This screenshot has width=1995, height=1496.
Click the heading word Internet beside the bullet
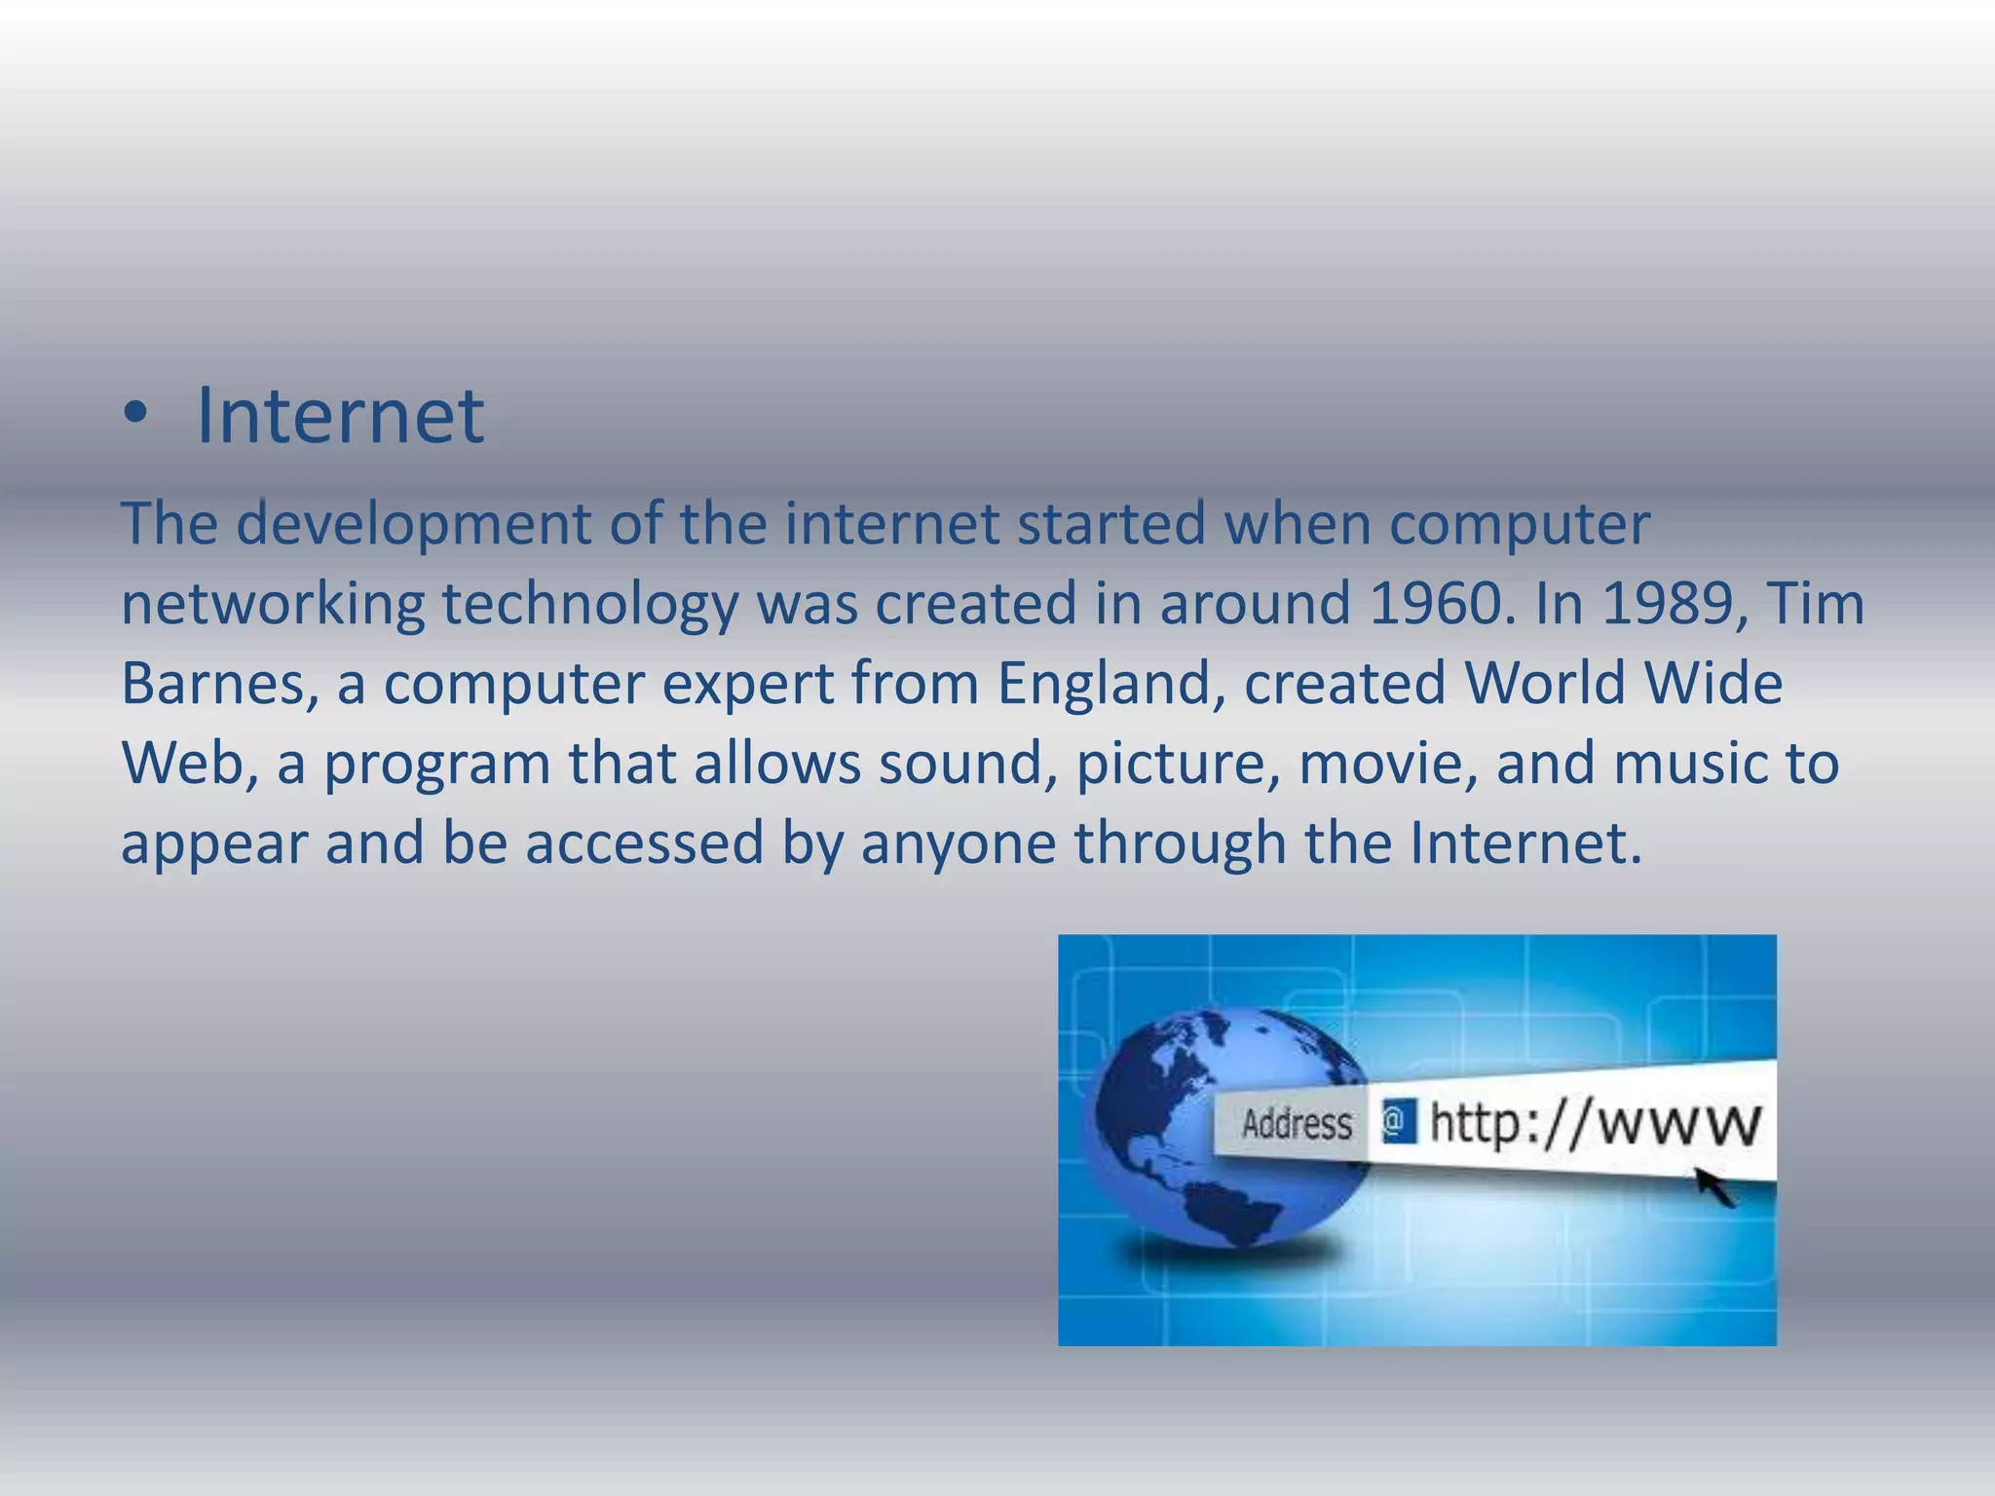tap(340, 417)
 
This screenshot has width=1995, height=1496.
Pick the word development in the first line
tap(413, 524)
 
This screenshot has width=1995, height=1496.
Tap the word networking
tap(273, 604)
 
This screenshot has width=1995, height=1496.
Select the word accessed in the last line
tap(645, 843)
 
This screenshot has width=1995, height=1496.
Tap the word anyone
tap(959, 843)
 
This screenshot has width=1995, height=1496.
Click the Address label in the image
tap(1297, 1125)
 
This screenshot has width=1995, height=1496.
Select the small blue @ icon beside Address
tap(1398, 1123)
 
